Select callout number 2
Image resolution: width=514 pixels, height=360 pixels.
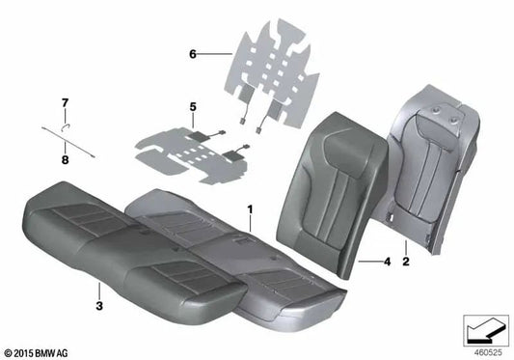(x=407, y=262)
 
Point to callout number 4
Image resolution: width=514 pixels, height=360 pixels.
(x=386, y=261)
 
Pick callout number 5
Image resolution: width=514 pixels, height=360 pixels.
(x=193, y=106)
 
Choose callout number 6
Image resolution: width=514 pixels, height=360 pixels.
(x=193, y=55)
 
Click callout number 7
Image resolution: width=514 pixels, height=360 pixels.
(x=66, y=101)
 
